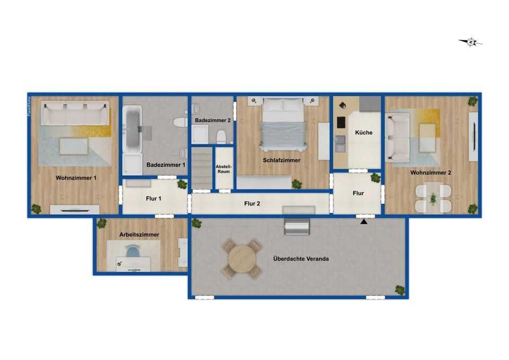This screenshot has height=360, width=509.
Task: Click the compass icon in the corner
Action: pos(470,42)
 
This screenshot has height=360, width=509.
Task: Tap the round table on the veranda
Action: pos(242,258)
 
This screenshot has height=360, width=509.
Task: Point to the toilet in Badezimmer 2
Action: pos(221,137)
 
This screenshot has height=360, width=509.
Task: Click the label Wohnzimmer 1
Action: pos(76,178)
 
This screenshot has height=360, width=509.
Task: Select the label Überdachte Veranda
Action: pos(301,259)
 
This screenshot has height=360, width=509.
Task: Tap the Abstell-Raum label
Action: pos(224,169)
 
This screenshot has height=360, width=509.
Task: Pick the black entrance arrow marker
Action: pos(364,221)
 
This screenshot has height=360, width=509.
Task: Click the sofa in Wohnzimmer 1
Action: pos(75,112)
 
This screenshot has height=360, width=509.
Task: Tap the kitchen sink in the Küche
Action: pos(340,140)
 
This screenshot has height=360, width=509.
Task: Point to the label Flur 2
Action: pos(252,203)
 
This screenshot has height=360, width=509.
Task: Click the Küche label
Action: pos(364,133)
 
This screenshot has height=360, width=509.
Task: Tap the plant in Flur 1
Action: pos(182,185)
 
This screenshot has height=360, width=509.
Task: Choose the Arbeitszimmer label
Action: pos(139,234)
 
